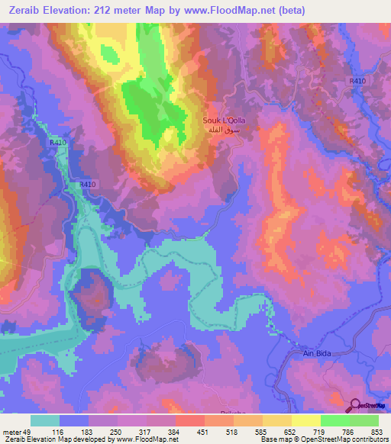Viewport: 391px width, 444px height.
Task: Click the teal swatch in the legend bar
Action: click(x=45, y=420)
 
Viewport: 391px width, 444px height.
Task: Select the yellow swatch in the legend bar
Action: click(x=305, y=420)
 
